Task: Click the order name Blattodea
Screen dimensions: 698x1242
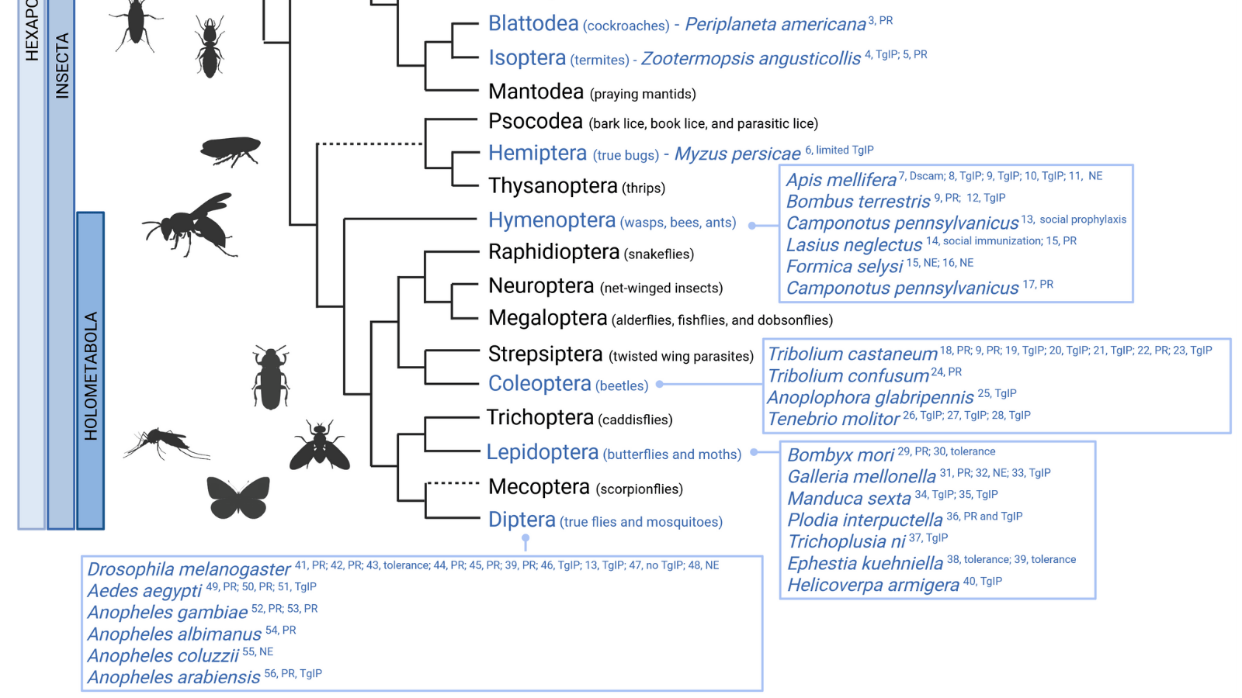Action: click(533, 24)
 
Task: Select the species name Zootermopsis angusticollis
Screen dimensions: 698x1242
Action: click(751, 59)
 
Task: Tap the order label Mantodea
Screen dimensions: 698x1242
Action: click(536, 92)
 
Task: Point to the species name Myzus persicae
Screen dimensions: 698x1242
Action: click(737, 154)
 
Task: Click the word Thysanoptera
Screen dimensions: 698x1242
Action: click(553, 187)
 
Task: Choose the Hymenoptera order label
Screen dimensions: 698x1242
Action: click(552, 221)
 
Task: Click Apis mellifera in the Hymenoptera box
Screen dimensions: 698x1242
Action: click(841, 180)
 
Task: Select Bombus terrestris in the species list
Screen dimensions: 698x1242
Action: click(858, 202)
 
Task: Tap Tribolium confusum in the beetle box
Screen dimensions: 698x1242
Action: click(848, 376)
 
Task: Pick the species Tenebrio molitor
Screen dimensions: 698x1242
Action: click(833, 420)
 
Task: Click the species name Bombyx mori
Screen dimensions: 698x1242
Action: click(841, 455)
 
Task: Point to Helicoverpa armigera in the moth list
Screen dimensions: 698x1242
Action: click(873, 586)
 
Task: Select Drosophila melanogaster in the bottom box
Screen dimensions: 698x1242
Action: click(189, 569)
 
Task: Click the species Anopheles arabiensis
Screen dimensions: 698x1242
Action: click(174, 677)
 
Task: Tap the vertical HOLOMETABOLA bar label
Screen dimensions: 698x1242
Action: click(91, 376)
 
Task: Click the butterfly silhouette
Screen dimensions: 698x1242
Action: click(238, 497)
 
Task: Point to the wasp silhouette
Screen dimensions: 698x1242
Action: click(190, 224)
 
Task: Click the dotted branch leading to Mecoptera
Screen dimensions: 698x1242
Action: click(453, 483)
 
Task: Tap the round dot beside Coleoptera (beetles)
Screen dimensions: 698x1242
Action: click(660, 384)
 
